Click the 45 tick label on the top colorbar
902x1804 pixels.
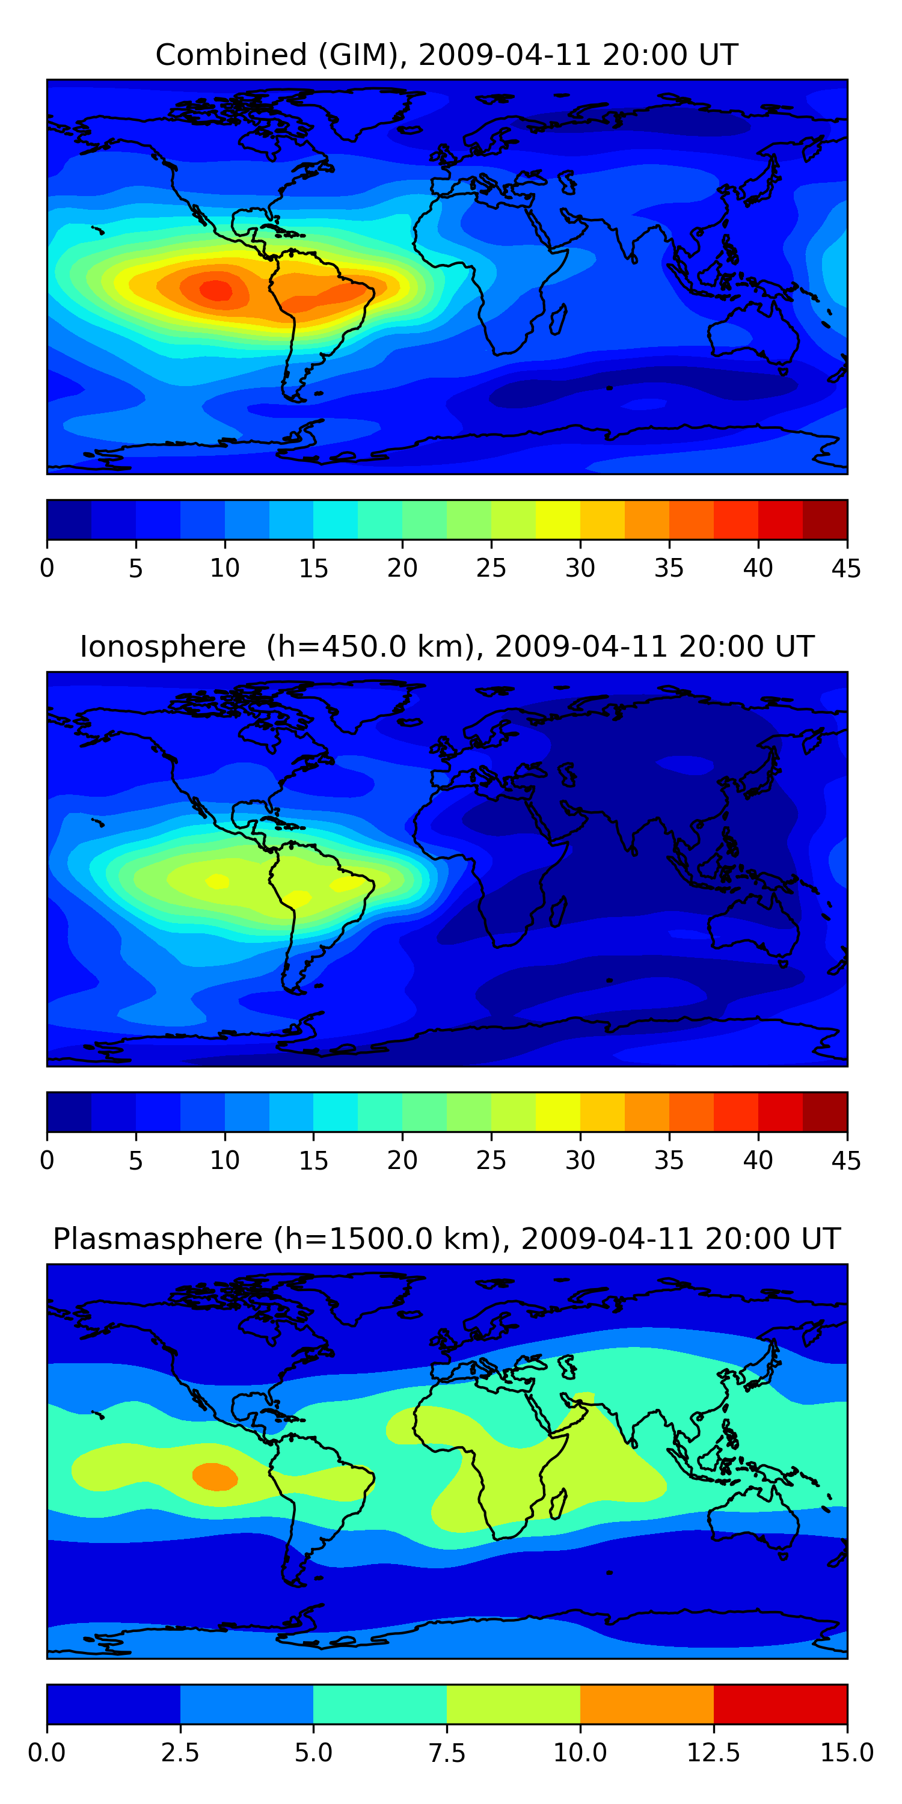click(x=846, y=568)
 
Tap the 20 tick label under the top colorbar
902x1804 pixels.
click(x=402, y=568)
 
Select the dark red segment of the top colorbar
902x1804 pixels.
click(x=824, y=520)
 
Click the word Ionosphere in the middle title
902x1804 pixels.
click(x=162, y=646)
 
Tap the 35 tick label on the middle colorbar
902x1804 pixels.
click(x=669, y=1161)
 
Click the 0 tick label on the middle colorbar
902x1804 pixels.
click(x=47, y=1161)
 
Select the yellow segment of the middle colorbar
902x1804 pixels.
click(x=557, y=1111)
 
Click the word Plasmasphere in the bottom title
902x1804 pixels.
click(x=158, y=1239)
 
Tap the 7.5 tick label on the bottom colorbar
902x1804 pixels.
click(x=447, y=1753)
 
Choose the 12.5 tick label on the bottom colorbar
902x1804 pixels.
click(x=713, y=1753)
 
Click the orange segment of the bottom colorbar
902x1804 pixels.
click(x=646, y=1704)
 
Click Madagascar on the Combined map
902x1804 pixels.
click(x=558, y=319)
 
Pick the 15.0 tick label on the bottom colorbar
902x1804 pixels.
click(x=846, y=1753)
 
